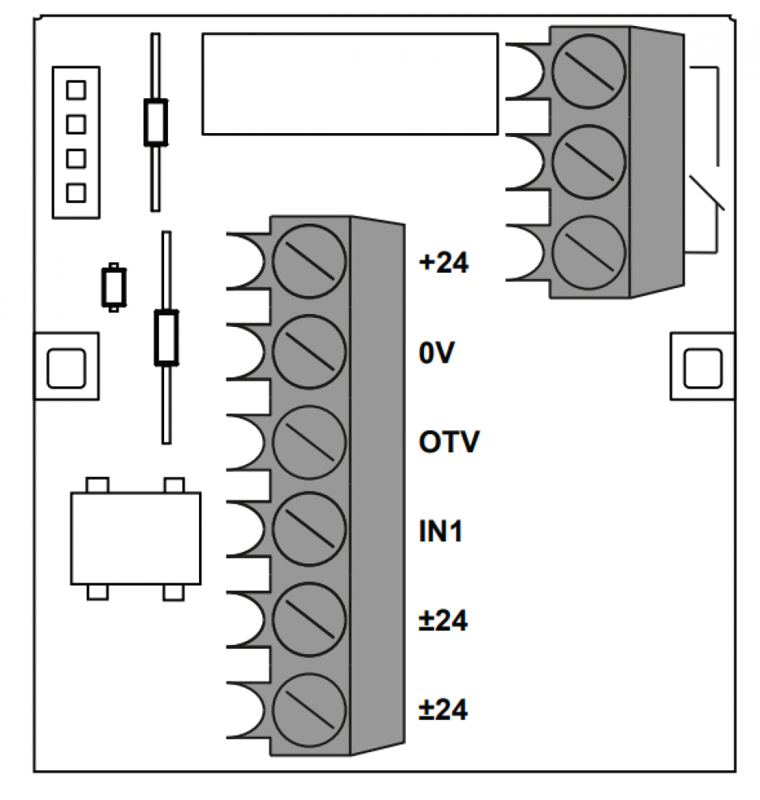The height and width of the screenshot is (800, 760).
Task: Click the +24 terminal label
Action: [x=443, y=263]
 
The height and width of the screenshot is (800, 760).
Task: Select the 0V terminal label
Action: [x=436, y=353]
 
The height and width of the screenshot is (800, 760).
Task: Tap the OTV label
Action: [x=449, y=442]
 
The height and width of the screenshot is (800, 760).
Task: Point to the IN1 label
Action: [x=441, y=531]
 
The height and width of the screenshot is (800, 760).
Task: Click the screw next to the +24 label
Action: [x=309, y=261]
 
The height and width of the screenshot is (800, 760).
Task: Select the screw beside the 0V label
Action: [x=309, y=351]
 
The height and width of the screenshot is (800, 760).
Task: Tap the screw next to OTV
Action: [x=309, y=442]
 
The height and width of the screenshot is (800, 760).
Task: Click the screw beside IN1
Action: [x=309, y=529]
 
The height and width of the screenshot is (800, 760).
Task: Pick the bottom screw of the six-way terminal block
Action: [x=309, y=710]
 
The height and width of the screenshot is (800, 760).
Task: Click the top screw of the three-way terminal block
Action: [x=588, y=71]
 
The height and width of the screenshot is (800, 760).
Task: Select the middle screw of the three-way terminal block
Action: [x=588, y=162]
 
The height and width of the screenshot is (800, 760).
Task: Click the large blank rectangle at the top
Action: [x=350, y=84]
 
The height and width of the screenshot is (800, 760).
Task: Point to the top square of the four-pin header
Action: [x=76, y=90]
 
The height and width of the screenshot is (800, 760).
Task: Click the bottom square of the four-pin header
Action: [x=76, y=193]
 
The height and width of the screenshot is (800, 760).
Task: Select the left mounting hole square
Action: [x=66, y=368]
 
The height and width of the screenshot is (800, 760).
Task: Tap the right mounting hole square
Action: [x=703, y=368]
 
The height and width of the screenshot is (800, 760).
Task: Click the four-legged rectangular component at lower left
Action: [x=136, y=538]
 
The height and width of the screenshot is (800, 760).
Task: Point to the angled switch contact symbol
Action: [x=707, y=192]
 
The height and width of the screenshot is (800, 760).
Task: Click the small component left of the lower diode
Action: [x=114, y=287]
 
